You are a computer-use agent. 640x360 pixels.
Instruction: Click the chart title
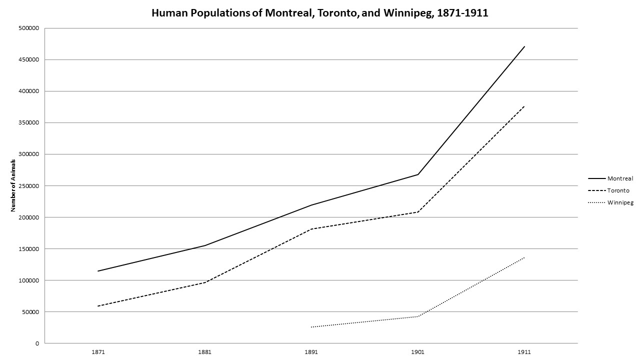(320, 13)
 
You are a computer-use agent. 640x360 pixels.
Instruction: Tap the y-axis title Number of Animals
(13, 185)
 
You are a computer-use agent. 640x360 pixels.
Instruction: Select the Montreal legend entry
(620, 178)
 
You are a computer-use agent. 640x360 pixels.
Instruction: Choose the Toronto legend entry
(618, 190)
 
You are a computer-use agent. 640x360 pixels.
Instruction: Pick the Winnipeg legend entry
(620, 202)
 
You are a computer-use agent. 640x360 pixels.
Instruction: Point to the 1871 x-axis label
(98, 352)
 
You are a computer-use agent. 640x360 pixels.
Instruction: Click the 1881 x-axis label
(204, 352)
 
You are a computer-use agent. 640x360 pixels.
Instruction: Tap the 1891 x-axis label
(311, 352)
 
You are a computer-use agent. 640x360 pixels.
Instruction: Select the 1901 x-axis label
(417, 352)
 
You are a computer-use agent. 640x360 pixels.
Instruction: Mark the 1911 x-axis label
(524, 352)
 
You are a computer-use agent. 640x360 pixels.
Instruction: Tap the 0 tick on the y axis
(36, 343)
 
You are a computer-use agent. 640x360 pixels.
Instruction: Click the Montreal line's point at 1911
(524, 46)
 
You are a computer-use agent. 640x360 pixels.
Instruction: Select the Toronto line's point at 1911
(524, 106)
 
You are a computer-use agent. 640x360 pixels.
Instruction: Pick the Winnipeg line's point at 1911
(524, 257)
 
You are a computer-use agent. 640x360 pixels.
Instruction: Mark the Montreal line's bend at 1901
(417, 174)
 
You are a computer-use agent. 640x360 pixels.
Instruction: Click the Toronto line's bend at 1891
(311, 229)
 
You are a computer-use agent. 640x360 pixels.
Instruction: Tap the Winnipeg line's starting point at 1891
(311, 327)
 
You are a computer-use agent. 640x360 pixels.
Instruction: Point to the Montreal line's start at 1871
(98, 271)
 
